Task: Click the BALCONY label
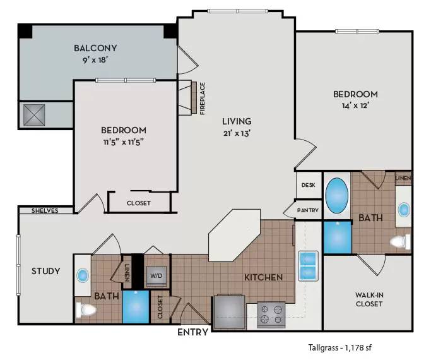(x=95, y=48)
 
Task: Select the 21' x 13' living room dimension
(x=237, y=133)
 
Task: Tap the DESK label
(x=308, y=186)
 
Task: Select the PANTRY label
(x=308, y=210)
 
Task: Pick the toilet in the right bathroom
(x=399, y=241)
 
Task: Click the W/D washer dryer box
(x=156, y=276)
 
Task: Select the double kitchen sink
(x=309, y=265)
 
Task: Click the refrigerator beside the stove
(x=228, y=311)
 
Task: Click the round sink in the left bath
(x=83, y=275)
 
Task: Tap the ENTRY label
(x=192, y=332)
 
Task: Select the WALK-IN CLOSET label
(x=369, y=299)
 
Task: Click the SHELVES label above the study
(x=45, y=211)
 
